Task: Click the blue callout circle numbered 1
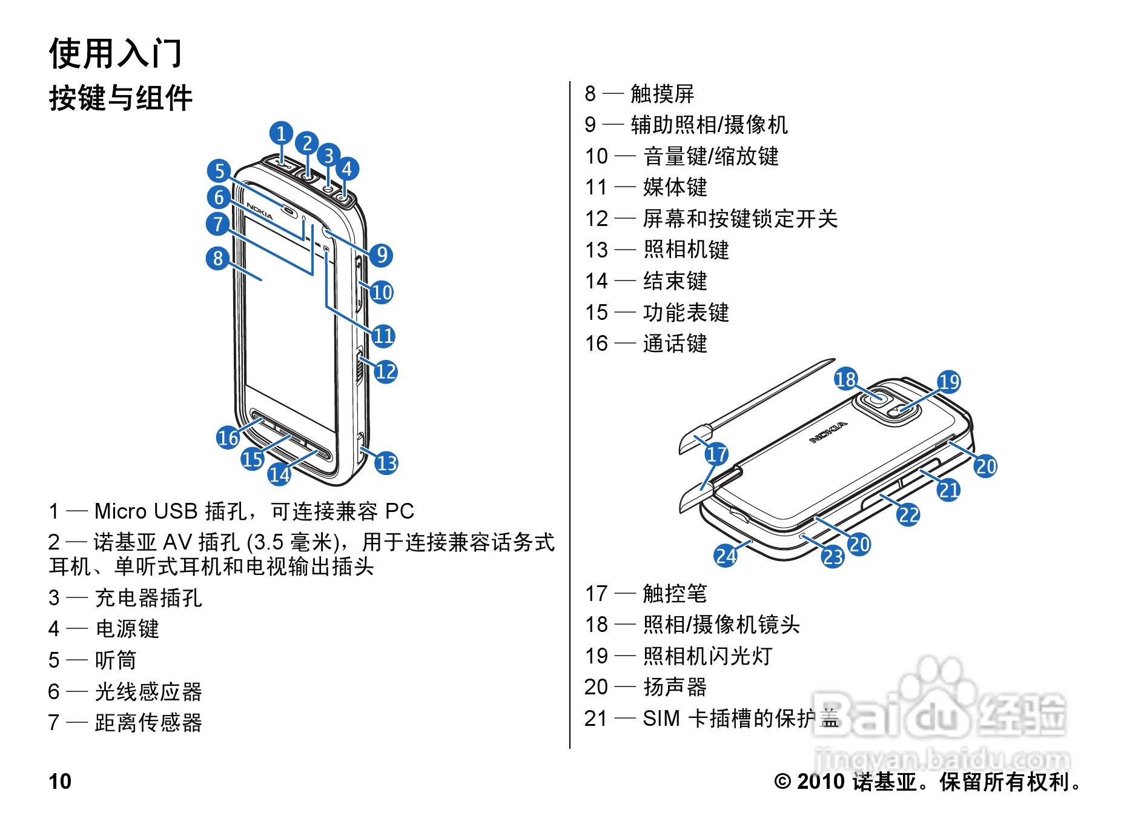tap(281, 133)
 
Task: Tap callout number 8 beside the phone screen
tap(218, 259)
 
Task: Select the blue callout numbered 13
tap(386, 463)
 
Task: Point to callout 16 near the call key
tap(228, 437)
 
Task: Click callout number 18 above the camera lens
tap(845, 379)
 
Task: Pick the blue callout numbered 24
tap(726, 556)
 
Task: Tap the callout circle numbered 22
tap(908, 515)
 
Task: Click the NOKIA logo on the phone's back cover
tap(829, 433)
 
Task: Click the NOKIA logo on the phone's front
tap(260, 211)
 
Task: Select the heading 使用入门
tap(115, 53)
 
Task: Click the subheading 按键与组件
tap(121, 98)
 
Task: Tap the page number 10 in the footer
tap(60, 782)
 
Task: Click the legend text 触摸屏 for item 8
tap(662, 94)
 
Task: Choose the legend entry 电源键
tap(127, 629)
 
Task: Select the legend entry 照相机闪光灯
tap(707, 656)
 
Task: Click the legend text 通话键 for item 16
tap(675, 344)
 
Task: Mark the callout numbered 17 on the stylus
tap(716, 454)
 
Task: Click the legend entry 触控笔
tap(675, 594)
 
